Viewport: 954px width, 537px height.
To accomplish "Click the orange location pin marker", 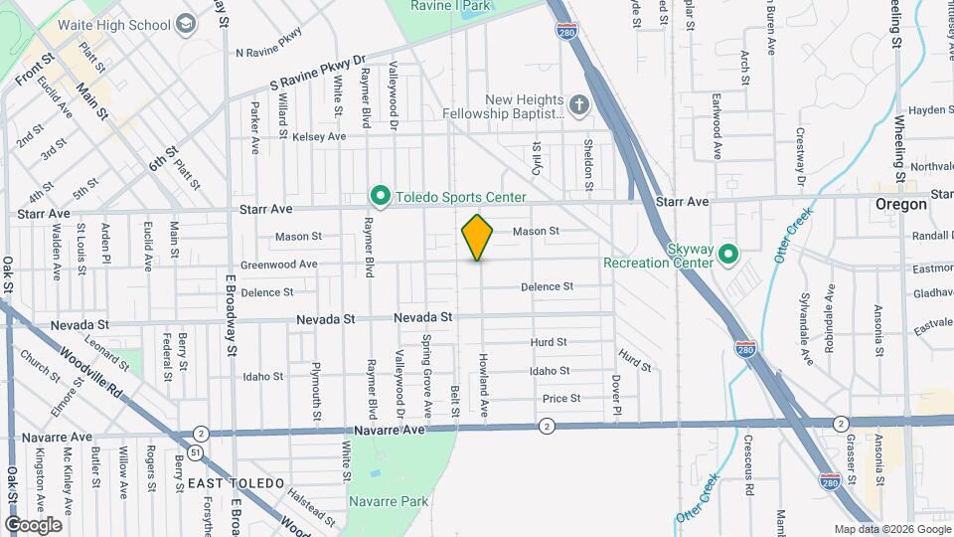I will pyautogui.click(x=478, y=237).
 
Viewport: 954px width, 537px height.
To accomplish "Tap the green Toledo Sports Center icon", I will pyautogui.click(x=379, y=195).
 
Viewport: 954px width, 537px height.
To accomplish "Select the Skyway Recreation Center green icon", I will pyautogui.click(x=727, y=256).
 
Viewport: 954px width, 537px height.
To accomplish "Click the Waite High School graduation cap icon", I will pyautogui.click(x=185, y=23).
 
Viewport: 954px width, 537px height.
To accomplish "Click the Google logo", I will pyautogui.click(x=33, y=524).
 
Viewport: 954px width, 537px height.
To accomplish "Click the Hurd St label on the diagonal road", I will pyautogui.click(x=632, y=360).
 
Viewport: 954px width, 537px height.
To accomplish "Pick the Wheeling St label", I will pyautogui.click(x=897, y=138).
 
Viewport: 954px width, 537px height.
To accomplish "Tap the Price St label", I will pyautogui.click(x=561, y=399).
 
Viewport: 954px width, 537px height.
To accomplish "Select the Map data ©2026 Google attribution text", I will pyautogui.click(x=891, y=529).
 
